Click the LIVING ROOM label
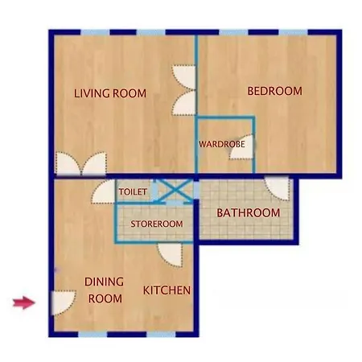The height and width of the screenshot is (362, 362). tap(110, 93)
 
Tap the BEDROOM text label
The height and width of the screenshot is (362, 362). tap(274, 92)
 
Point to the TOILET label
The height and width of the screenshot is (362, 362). tap(133, 193)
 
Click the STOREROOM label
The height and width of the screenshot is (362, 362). tap(157, 224)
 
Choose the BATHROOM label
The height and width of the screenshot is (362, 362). tap(249, 213)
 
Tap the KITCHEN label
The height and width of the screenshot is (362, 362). tap(167, 290)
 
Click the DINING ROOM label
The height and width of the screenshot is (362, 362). tap(104, 290)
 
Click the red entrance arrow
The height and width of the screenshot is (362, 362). tap(24, 302)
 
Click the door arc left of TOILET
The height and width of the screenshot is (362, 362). tap(104, 192)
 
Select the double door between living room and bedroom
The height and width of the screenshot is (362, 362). tap(184, 89)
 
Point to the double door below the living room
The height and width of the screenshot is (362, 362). tap(80, 165)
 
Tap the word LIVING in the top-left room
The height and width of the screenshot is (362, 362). tap(91, 93)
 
